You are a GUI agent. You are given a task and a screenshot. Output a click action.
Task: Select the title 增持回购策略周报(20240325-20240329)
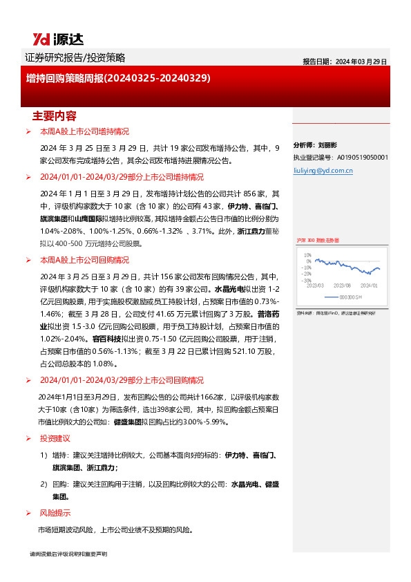pos(118,79)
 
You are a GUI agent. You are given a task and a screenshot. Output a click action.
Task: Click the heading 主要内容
pos(55,115)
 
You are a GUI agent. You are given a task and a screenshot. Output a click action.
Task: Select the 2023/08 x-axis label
pos(343,285)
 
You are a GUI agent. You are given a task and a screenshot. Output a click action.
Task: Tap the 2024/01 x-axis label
pos(370,285)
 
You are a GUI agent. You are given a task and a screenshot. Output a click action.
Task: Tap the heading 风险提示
pos(55,513)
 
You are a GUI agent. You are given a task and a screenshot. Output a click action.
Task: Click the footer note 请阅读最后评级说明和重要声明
pos(68,554)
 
